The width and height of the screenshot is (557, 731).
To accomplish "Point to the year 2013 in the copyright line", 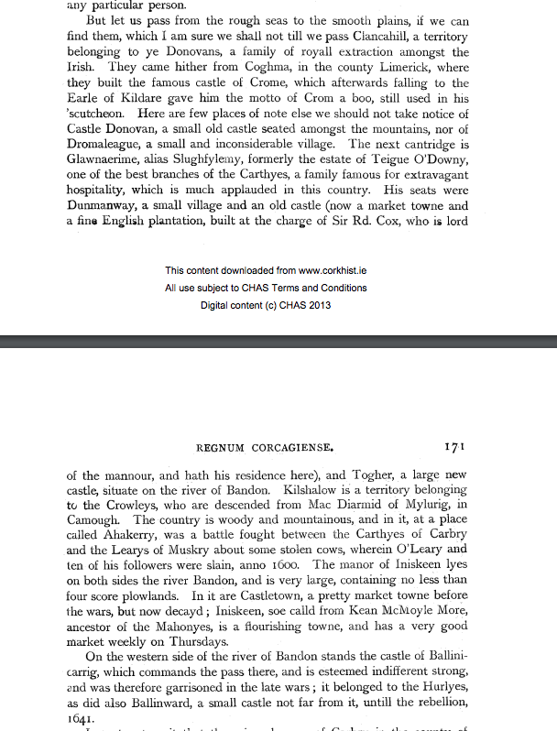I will pyautogui.click(x=319, y=305).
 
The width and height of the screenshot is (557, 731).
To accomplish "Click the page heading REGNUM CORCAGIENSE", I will pyautogui.click(x=266, y=448).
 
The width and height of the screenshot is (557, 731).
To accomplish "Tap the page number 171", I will pyautogui.click(x=455, y=447).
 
